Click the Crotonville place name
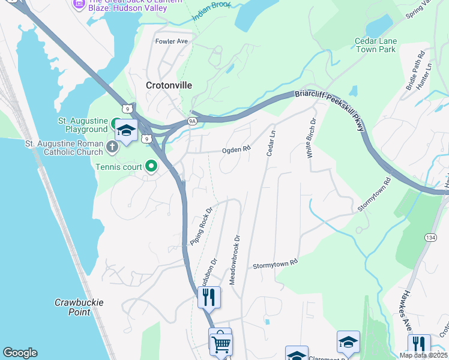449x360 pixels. tap(169, 86)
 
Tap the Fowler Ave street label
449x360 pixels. tap(172, 41)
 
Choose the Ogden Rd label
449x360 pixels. tap(236, 151)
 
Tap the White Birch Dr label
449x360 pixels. tap(311, 138)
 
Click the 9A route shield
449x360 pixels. tap(192, 121)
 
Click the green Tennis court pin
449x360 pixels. tap(151, 166)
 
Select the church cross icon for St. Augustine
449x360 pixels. tap(112, 146)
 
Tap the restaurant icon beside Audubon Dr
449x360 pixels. tap(209, 296)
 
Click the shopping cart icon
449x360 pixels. tap(220, 343)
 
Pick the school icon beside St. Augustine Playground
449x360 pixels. tap(126, 131)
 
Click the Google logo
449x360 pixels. tap(20, 353)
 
